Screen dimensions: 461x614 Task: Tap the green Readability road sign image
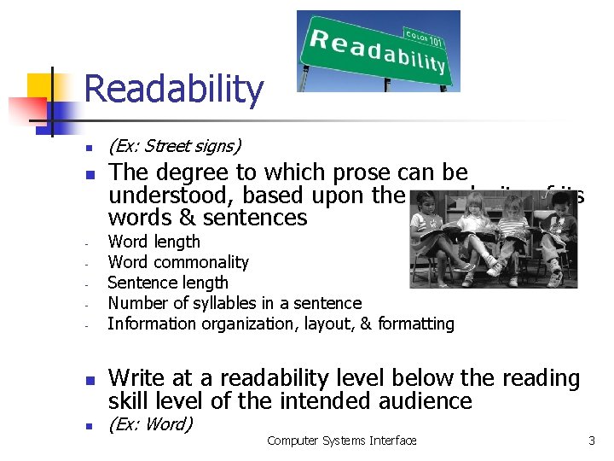378,50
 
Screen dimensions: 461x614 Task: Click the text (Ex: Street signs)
175,146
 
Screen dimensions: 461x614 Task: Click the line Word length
154,242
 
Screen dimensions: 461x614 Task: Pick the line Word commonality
178,262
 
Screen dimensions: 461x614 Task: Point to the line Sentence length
168,283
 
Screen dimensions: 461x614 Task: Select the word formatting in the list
415,324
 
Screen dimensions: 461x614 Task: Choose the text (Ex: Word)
150,424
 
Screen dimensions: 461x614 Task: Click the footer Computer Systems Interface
341,441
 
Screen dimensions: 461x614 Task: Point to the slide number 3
591,441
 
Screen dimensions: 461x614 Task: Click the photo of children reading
493,239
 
